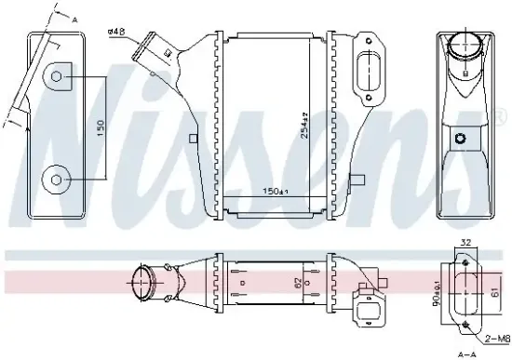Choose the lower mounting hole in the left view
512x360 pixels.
coord(59,179)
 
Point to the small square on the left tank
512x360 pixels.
coord(191,140)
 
